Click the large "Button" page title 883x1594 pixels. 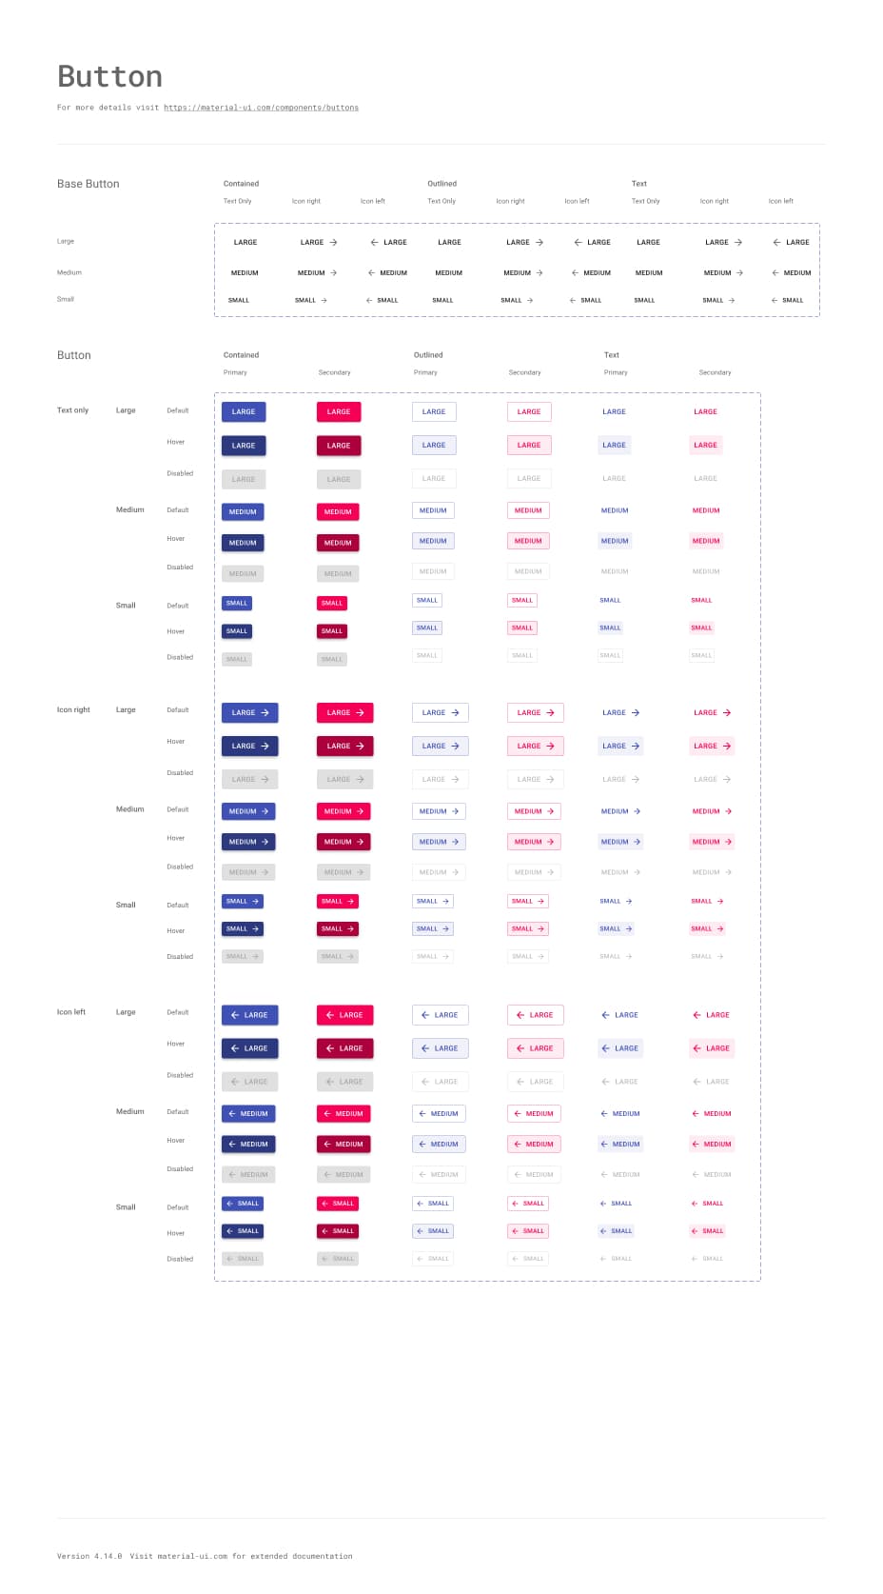(109, 77)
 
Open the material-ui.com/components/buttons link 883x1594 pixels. (261, 108)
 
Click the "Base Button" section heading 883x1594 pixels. (88, 184)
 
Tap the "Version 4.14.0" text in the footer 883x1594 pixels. (89, 1556)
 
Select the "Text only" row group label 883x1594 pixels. (72, 410)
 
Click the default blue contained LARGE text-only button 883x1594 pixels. (244, 412)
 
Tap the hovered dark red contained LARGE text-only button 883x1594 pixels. (339, 446)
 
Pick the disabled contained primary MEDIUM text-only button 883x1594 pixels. (243, 573)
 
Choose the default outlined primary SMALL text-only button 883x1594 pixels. (427, 601)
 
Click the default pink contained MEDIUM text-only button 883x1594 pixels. (338, 512)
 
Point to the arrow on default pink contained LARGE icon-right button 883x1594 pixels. (360, 713)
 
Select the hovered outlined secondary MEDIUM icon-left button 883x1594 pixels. (534, 1145)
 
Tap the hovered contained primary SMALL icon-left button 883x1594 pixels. (243, 1231)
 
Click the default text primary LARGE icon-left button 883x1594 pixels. (619, 1015)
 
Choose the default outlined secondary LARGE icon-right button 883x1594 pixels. (535, 713)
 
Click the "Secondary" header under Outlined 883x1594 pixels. (524, 372)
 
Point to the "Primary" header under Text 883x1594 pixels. (616, 372)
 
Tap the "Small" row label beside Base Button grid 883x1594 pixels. (65, 299)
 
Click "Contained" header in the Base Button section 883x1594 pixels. (241, 184)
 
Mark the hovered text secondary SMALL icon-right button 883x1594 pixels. (707, 928)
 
